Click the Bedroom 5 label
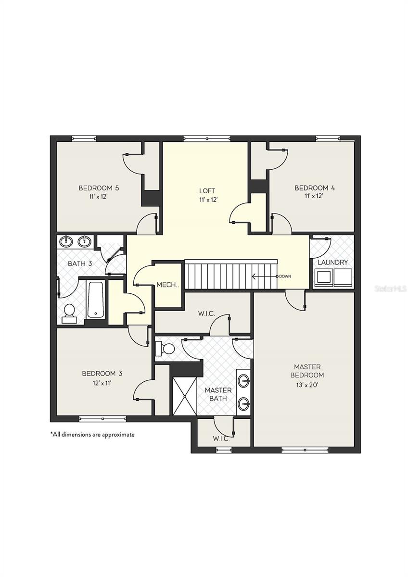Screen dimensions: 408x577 (99, 188)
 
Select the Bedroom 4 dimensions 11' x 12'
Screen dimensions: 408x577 (314, 196)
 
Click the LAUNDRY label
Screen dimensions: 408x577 (332, 263)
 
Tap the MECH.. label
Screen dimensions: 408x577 (167, 285)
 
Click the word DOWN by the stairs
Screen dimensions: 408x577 (285, 276)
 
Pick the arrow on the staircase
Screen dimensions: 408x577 (264, 276)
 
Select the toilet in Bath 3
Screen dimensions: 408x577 (69, 314)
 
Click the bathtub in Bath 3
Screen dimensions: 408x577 (96, 300)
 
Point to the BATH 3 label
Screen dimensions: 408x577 (80, 263)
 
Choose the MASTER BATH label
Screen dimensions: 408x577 (218, 394)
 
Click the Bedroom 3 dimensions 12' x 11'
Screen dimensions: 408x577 (102, 384)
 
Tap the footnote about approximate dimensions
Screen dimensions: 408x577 (92, 435)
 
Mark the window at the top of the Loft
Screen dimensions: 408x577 (207, 138)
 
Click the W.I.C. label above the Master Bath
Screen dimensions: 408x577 (206, 314)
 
